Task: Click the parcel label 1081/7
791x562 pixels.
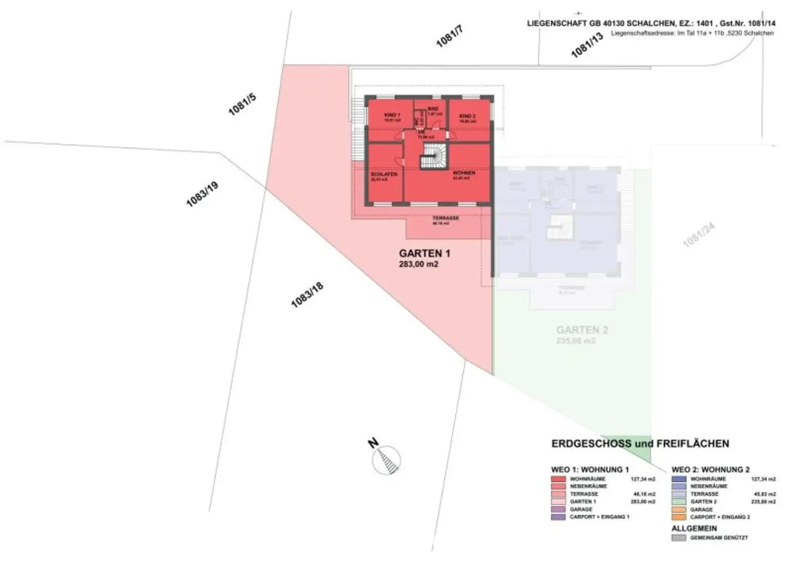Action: coord(450,37)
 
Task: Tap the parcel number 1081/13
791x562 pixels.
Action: coord(587,45)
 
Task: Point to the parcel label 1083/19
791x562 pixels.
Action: coord(202,194)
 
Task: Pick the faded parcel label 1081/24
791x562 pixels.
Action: coord(699,235)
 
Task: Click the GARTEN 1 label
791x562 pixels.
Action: coord(424,253)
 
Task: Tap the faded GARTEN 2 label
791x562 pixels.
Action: coord(582,330)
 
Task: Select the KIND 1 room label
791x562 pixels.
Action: coord(392,115)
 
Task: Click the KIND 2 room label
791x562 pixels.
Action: coord(467,116)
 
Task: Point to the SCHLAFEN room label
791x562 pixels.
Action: coord(384,174)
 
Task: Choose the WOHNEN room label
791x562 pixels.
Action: coord(463,173)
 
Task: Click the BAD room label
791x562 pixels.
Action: coord(433,109)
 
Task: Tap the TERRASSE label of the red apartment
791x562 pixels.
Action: coord(445,218)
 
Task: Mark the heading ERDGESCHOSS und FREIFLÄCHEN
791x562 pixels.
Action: coord(640,444)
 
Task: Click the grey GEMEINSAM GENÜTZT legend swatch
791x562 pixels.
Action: coord(679,538)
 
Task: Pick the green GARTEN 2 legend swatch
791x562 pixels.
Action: coord(679,502)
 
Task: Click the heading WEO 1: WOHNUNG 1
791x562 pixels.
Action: coord(590,469)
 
